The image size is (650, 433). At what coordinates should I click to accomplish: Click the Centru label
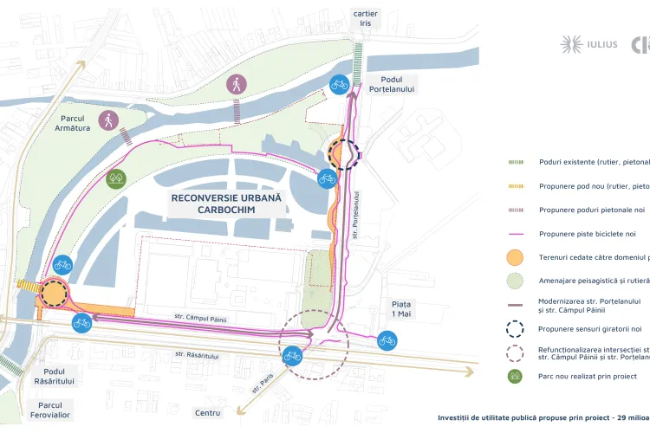pos(208,413)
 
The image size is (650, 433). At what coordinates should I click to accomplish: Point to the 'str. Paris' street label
pos(262,382)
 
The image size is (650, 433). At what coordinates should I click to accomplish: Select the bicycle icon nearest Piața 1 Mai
pos(387,340)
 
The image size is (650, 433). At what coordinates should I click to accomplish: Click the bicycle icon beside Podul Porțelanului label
pos(340,84)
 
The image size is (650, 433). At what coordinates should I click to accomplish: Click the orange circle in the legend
pos(515,257)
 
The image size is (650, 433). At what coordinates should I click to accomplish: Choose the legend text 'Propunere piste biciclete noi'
pos(593,234)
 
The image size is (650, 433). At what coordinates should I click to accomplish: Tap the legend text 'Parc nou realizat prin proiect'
pos(588,376)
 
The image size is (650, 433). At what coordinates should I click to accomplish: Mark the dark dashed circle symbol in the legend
pos(515,328)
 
